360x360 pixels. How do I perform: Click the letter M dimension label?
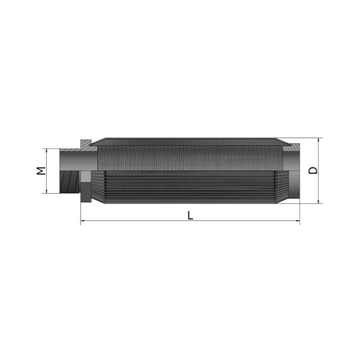tap(40, 170)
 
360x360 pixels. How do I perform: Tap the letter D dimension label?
tap(313, 170)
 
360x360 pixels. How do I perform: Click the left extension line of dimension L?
tap(80, 213)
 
